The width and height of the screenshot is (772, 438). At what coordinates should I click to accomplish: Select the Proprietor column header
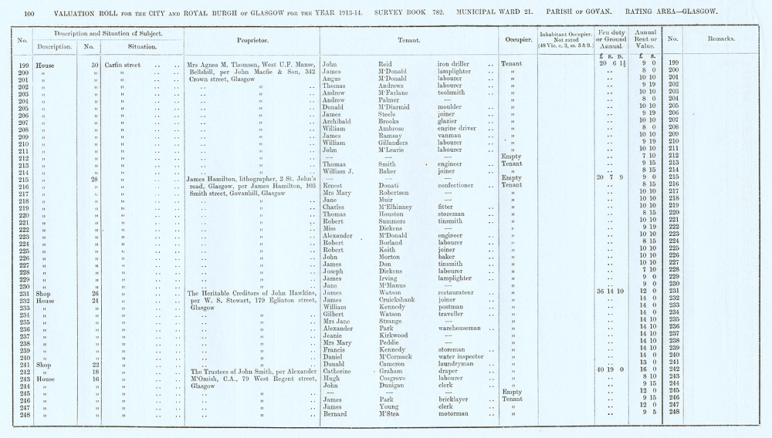(x=251, y=39)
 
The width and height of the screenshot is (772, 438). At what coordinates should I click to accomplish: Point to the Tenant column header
(x=408, y=39)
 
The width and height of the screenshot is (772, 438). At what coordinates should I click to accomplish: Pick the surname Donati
(x=390, y=185)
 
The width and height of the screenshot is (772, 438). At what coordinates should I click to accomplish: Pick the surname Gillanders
(x=398, y=143)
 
